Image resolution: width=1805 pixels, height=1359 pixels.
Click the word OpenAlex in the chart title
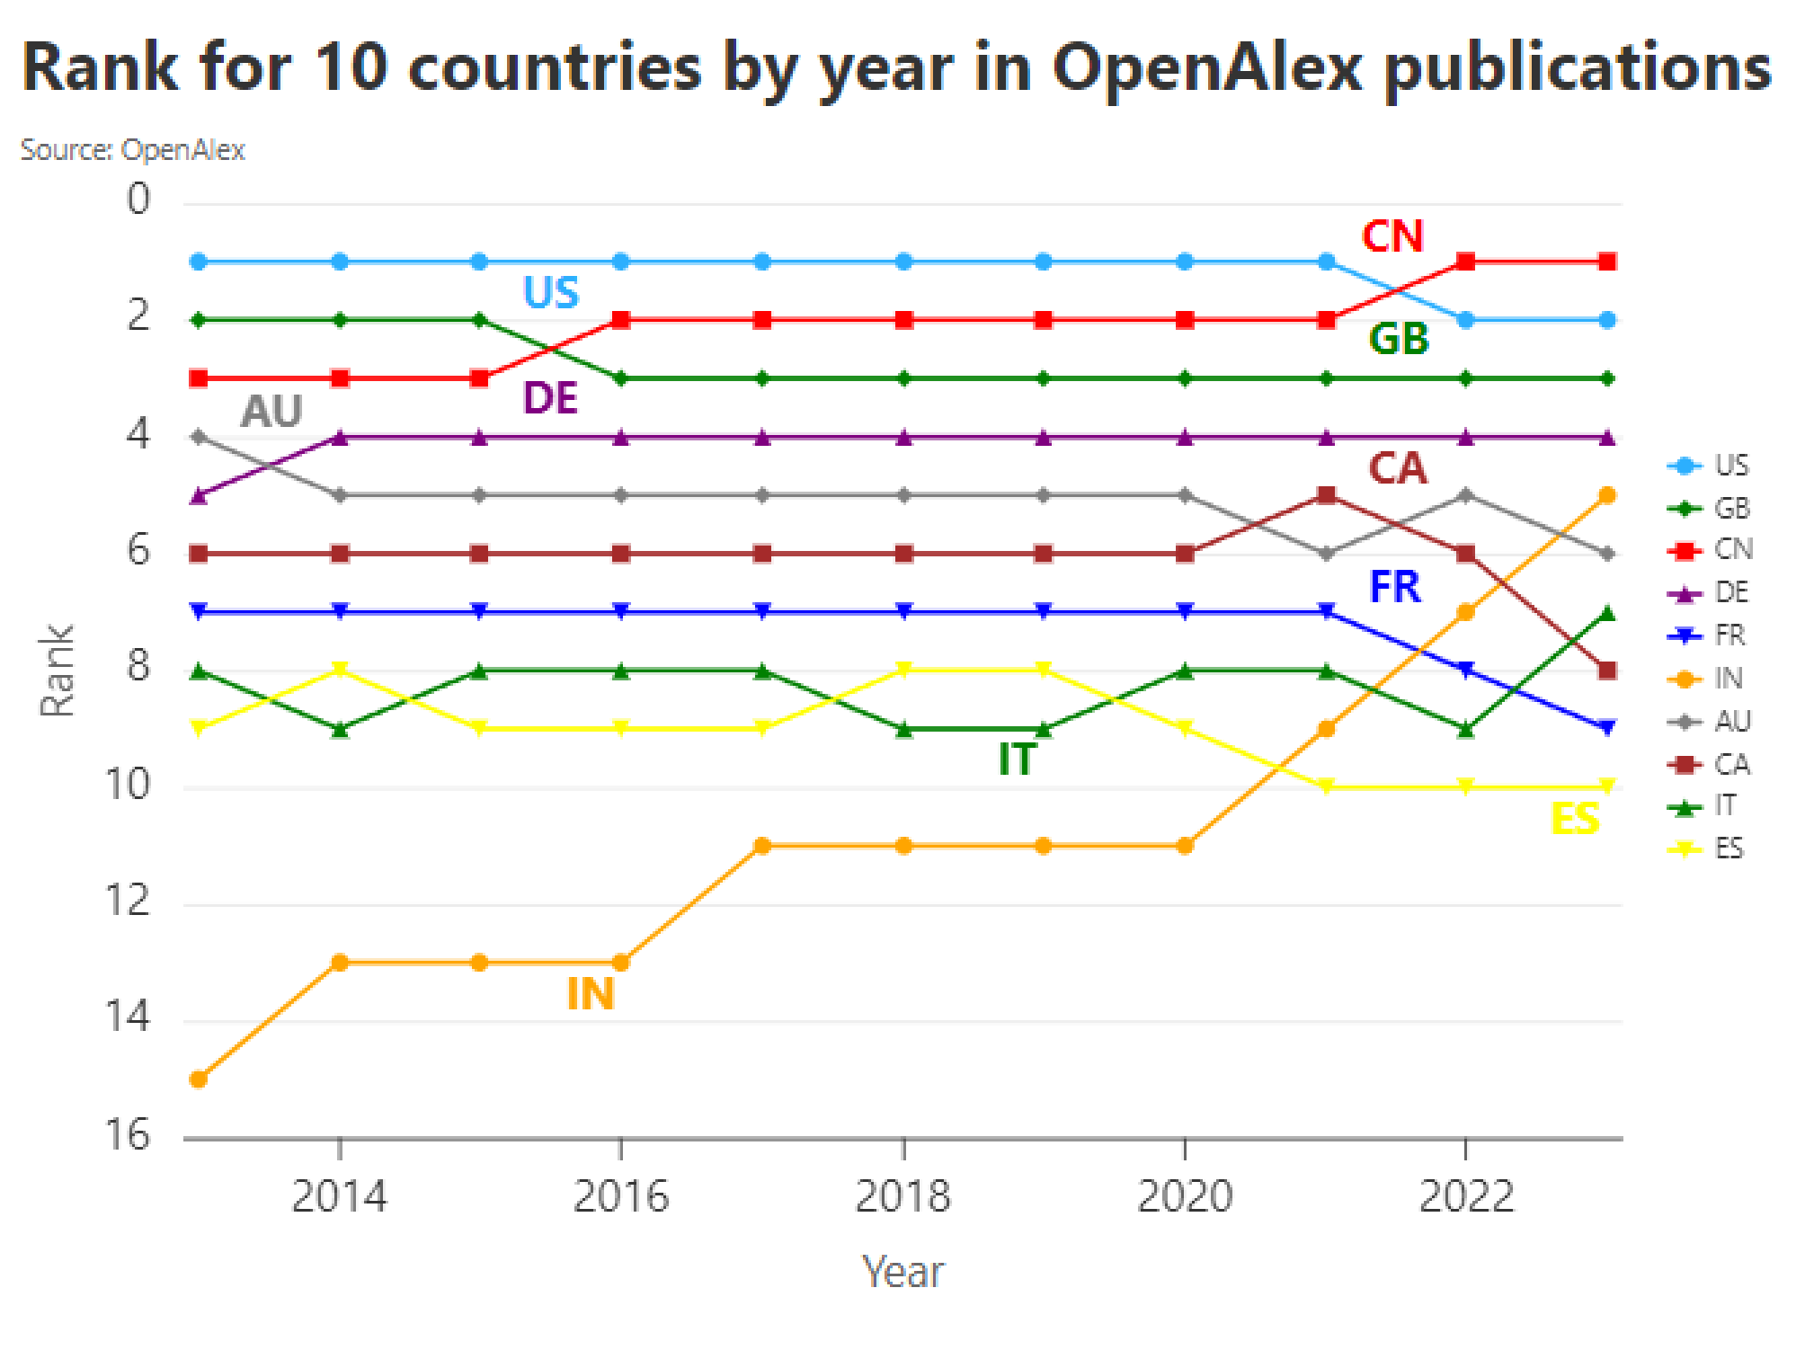tap(1208, 68)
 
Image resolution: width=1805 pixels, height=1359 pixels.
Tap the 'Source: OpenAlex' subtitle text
tap(133, 150)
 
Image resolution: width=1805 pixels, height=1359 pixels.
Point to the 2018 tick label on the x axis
tap(902, 1196)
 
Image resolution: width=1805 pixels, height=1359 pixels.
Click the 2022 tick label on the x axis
tap(1466, 1196)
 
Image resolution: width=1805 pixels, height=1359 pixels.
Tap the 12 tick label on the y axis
tap(128, 901)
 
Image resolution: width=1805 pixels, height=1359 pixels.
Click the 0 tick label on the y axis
tap(138, 200)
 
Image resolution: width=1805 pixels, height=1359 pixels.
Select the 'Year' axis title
tap(902, 1272)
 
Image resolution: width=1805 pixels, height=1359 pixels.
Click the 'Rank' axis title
tap(58, 671)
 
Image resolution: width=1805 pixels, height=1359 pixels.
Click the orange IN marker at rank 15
tap(199, 1079)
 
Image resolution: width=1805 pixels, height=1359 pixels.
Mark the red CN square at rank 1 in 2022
tap(1466, 262)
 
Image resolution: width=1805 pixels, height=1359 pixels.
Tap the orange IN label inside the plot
tap(591, 994)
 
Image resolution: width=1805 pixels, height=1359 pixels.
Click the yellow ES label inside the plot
tap(1575, 819)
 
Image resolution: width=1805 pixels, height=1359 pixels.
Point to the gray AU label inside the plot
tap(271, 412)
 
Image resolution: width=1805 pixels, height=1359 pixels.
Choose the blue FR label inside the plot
tap(1394, 587)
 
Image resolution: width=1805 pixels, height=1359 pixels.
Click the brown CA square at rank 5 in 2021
tap(1326, 495)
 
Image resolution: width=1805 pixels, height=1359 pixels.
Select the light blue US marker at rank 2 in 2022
tap(1466, 320)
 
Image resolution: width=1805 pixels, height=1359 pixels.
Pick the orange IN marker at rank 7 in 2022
tap(1466, 612)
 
